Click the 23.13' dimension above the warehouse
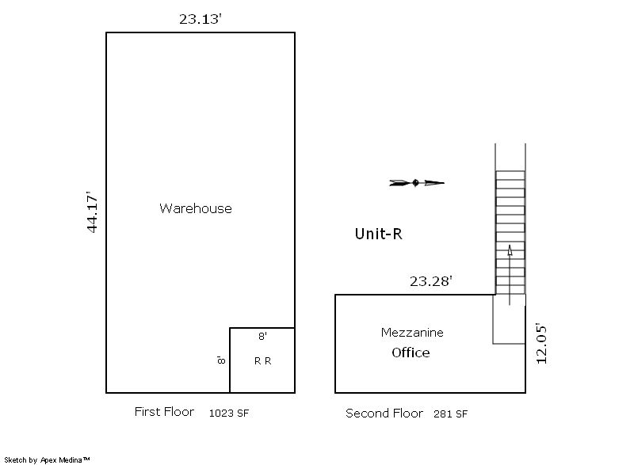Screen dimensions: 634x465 [x=201, y=19]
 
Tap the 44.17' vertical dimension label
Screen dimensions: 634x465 [x=93, y=212]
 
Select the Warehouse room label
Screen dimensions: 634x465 [x=196, y=208]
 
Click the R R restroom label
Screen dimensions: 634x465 [x=263, y=361]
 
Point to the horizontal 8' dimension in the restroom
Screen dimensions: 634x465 [x=263, y=336]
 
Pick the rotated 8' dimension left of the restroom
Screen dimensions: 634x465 [x=221, y=360]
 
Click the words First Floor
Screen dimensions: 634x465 [x=164, y=412]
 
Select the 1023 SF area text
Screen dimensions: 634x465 [x=229, y=414]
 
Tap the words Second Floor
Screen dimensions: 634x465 [x=384, y=414]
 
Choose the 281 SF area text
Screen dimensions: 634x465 [x=450, y=414]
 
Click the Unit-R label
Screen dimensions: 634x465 [x=379, y=234]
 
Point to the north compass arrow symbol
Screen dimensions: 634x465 [x=417, y=183]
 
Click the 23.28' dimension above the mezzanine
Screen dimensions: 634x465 [x=430, y=281]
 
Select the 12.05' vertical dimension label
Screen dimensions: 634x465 [x=541, y=343]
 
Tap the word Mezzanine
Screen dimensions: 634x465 [x=412, y=333]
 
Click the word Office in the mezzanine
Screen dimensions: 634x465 [x=411, y=353]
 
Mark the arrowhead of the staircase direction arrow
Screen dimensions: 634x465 [x=510, y=250]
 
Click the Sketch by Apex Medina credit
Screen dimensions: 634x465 [x=47, y=459]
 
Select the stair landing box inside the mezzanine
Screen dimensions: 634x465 [x=492, y=319]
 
